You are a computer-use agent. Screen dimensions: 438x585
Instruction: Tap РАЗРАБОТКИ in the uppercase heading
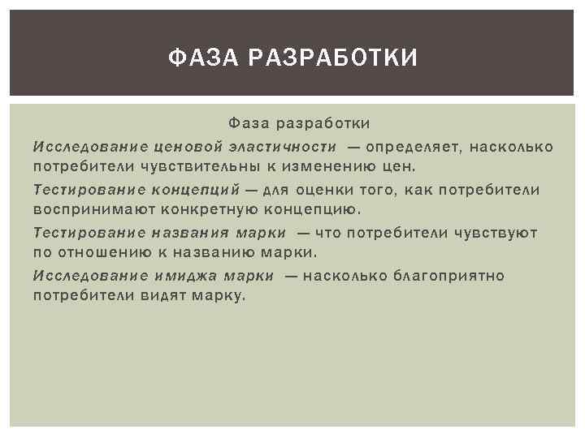pyautogui.click(x=331, y=58)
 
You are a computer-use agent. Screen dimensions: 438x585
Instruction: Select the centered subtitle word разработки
pyautogui.click(x=323, y=123)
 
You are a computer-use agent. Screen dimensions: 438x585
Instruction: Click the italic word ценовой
pyautogui.click(x=190, y=146)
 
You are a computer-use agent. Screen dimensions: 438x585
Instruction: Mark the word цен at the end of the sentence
pyautogui.click(x=400, y=167)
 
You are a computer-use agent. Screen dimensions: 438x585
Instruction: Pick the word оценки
pyautogui.click(x=325, y=190)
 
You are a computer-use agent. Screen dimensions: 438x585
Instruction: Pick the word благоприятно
pyautogui.click(x=449, y=276)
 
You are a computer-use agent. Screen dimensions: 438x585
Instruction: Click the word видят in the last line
pyautogui.click(x=166, y=296)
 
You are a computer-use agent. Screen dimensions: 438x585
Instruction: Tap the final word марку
pyautogui.click(x=219, y=297)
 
